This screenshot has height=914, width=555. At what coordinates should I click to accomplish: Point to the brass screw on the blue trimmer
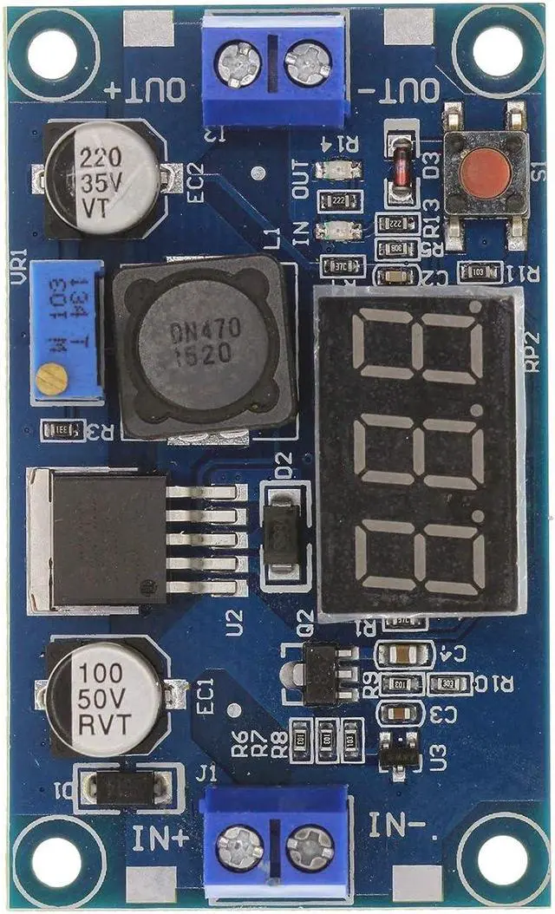click(52, 379)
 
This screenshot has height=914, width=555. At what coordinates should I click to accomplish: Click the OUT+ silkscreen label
click(145, 88)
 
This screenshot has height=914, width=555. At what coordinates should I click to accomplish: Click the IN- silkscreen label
click(400, 825)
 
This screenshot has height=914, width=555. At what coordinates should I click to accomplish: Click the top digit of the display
click(420, 346)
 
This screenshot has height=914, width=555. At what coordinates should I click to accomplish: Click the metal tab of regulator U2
click(39, 539)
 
